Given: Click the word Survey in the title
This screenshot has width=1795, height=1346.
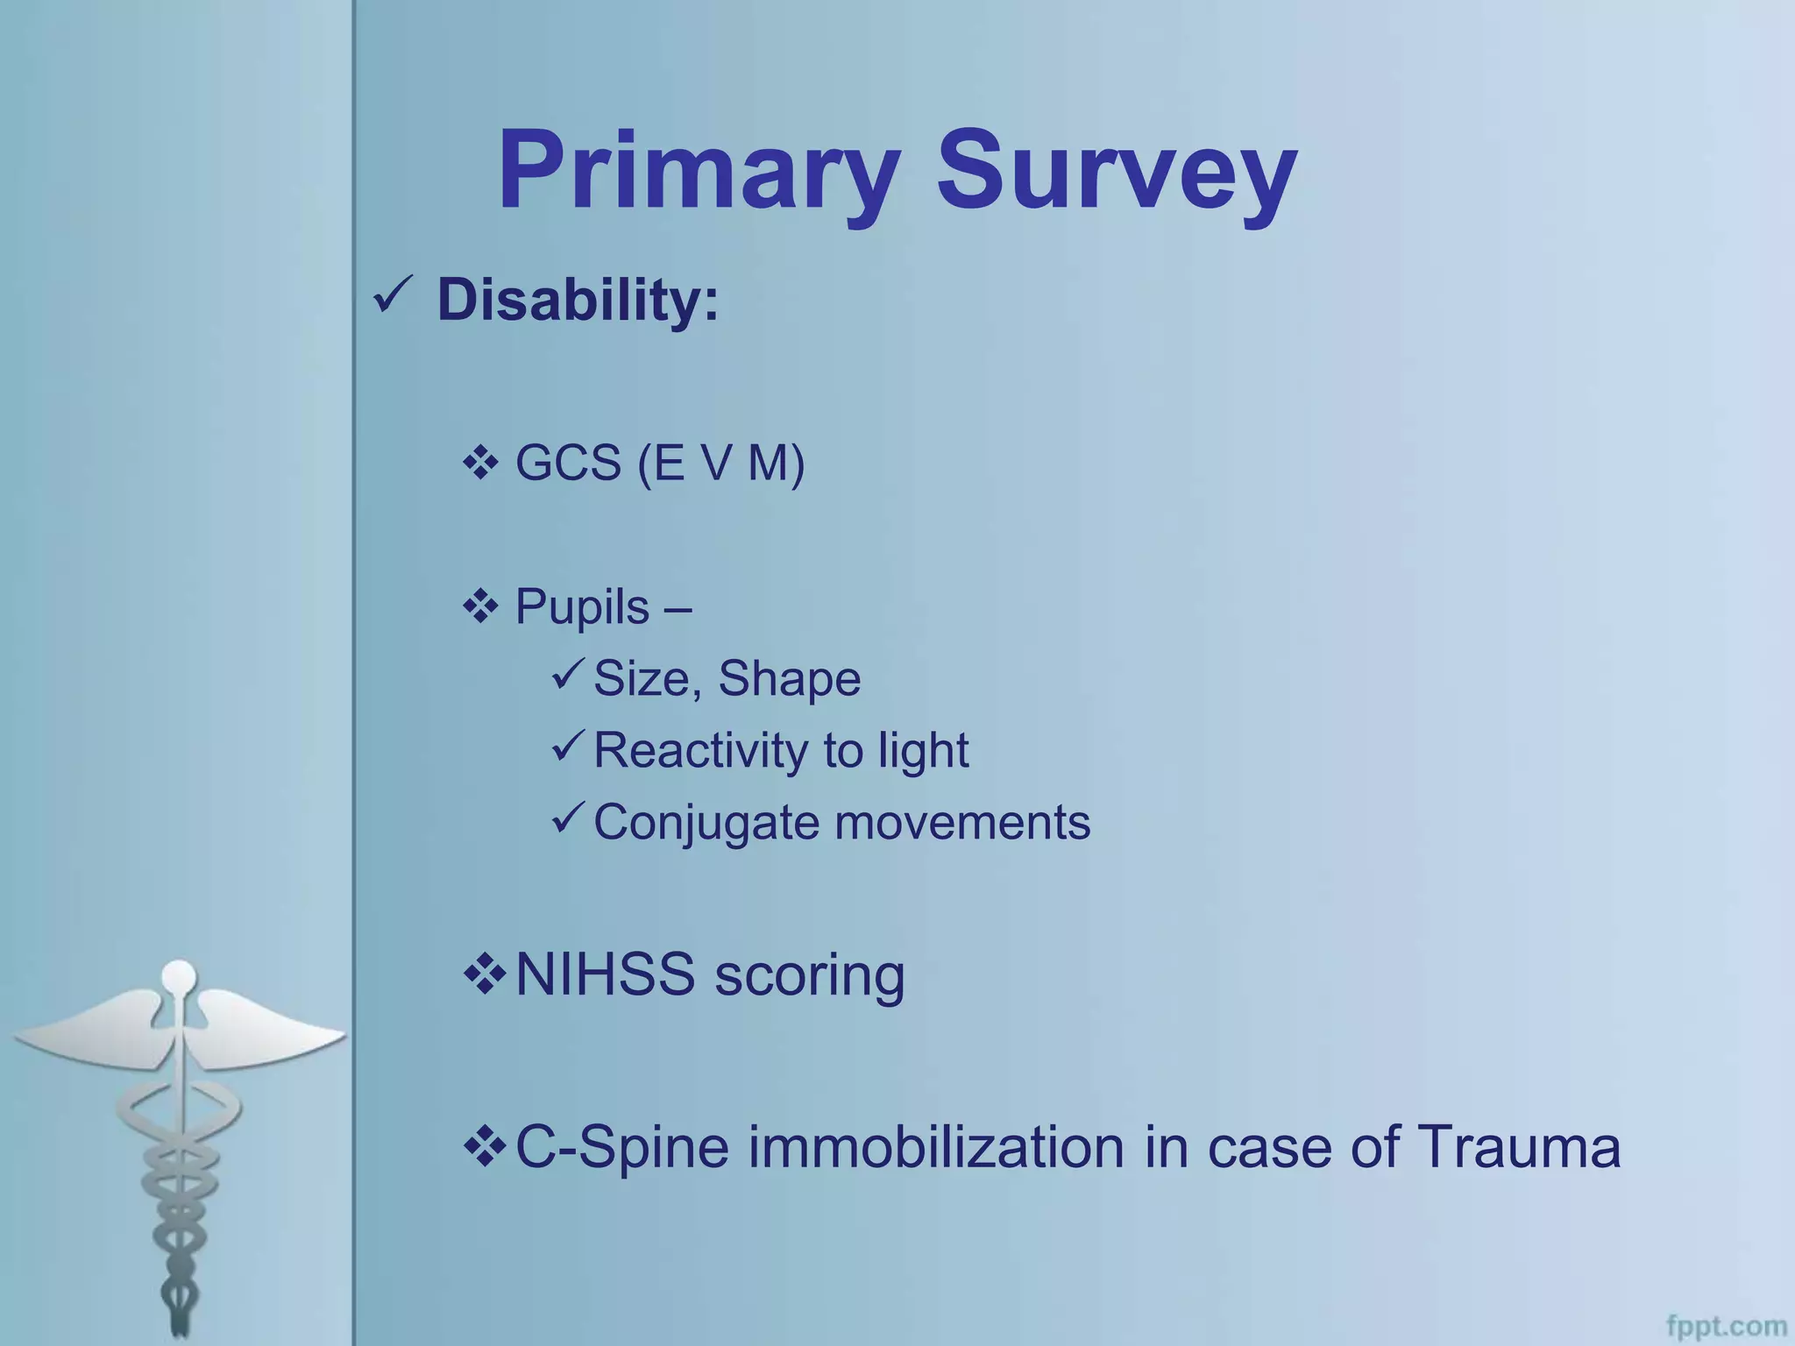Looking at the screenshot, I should pyautogui.click(x=1116, y=171).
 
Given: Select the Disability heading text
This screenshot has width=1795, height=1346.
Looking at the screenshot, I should pyautogui.click(x=578, y=300).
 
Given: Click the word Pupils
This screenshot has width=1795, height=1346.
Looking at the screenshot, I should pyautogui.click(x=582, y=606).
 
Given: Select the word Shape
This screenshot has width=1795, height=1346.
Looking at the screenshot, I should pyautogui.click(x=789, y=679).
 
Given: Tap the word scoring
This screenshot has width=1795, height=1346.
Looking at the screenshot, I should pyautogui.click(x=810, y=976).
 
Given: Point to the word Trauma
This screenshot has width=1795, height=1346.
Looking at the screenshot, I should pyautogui.click(x=1518, y=1147).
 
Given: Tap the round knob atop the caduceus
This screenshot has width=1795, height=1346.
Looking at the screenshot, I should pyautogui.click(x=180, y=974).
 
